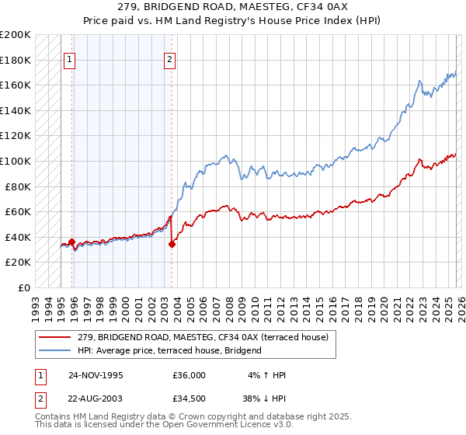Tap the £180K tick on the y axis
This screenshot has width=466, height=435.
[x=16, y=60]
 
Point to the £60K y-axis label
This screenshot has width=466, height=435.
[x=18, y=211]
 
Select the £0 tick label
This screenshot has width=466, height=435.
[x=25, y=287]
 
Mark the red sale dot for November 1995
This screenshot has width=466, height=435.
[x=72, y=242]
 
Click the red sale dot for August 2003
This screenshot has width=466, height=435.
[x=172, y=244]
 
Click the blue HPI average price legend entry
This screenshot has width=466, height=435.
[x=169, y=350]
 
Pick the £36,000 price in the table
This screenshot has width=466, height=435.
[x=189, y=375]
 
